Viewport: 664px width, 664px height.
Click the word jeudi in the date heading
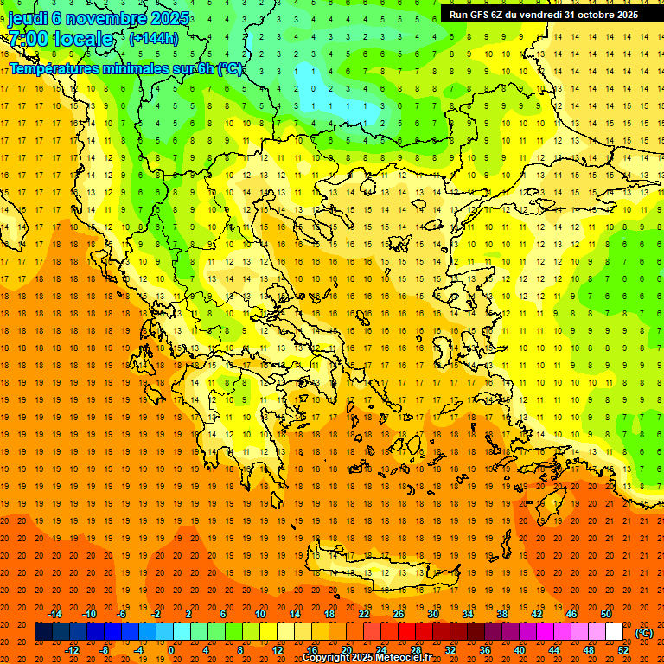tap(28, 18)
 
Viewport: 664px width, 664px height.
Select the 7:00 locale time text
tap(61, 39)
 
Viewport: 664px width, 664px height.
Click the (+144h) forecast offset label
tap(154, 39)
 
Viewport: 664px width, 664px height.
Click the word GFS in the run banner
tap(485, 15)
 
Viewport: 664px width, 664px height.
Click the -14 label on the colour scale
tap(56, 614)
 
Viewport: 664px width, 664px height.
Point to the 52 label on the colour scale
tap(623, 650)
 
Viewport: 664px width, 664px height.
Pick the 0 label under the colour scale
tap(171, 650)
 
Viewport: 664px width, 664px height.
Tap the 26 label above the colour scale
tap(399, 614)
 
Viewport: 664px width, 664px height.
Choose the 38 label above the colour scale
tap(501, 614)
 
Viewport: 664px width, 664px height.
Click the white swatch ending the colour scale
tap(614, 632)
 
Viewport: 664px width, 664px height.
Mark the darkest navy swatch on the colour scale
tap(43, 632)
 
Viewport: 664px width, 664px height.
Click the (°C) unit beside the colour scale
tap(644, 632)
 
